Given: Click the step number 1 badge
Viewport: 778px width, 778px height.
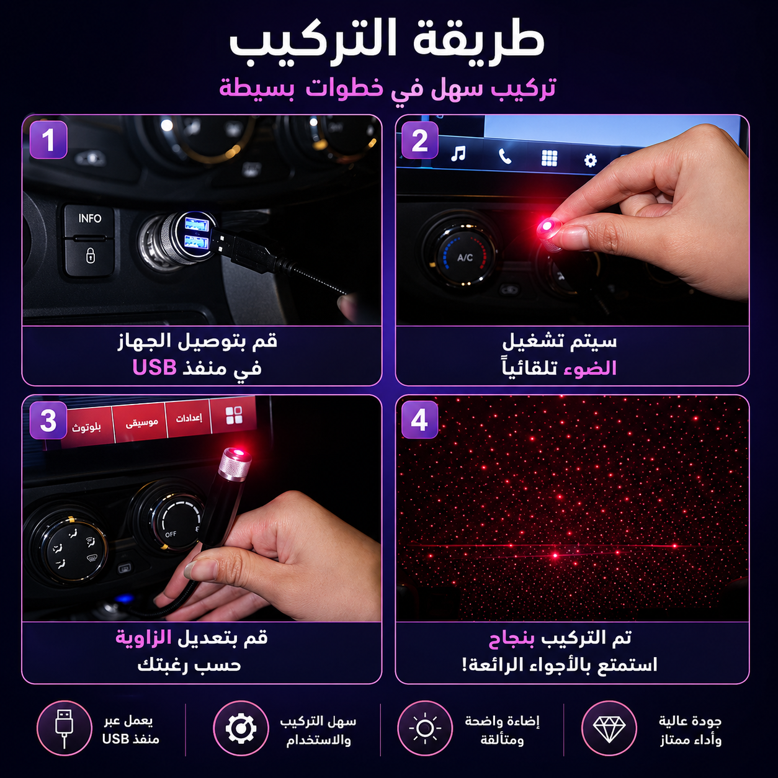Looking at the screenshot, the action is tap(48, 140).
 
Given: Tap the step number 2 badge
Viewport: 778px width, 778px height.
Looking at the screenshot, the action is tap(419, 140).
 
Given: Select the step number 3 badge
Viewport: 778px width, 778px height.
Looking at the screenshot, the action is tap(48, 420).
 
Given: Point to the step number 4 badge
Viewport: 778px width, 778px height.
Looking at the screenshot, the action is tap(419, 419).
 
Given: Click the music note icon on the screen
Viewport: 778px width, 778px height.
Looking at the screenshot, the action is tap(458, 153).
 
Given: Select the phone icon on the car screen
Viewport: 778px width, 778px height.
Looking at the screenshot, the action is tap(504, 156).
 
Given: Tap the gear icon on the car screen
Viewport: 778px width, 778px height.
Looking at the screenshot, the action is tap(590, 160).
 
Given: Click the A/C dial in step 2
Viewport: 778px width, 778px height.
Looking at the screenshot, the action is tap(464, 257).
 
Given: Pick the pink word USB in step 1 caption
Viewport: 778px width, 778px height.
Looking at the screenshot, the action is tap(154, 367).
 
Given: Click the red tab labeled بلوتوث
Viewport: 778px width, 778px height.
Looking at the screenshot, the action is tap(86, 427).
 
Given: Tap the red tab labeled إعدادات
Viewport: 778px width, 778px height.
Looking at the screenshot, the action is tap(189, 418).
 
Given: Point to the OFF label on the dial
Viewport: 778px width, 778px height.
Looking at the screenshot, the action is tap(171, 534).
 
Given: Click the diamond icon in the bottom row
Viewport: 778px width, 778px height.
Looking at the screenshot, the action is tap(609, 728).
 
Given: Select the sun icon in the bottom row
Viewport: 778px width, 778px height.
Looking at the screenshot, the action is tap(425, 728).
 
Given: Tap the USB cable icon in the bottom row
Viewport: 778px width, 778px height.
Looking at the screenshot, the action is tap(64, 728).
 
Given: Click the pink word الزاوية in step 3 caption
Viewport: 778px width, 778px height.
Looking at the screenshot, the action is tap(144, 638).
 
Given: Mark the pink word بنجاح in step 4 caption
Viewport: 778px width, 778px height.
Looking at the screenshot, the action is tap(512, 638).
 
